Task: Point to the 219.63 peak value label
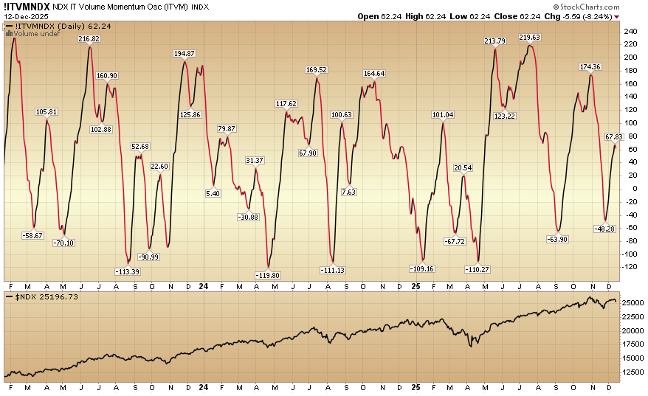pos(530,37)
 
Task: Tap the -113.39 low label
pos(128,271)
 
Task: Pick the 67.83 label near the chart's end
pos(614,136)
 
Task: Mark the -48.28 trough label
pos(605,229)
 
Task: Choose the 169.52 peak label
pos(316,70)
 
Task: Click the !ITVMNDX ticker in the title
pos(26,6)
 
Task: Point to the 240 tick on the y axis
pos(630,32)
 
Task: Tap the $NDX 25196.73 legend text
pos(41,296)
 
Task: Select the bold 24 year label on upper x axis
pos(204,285)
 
